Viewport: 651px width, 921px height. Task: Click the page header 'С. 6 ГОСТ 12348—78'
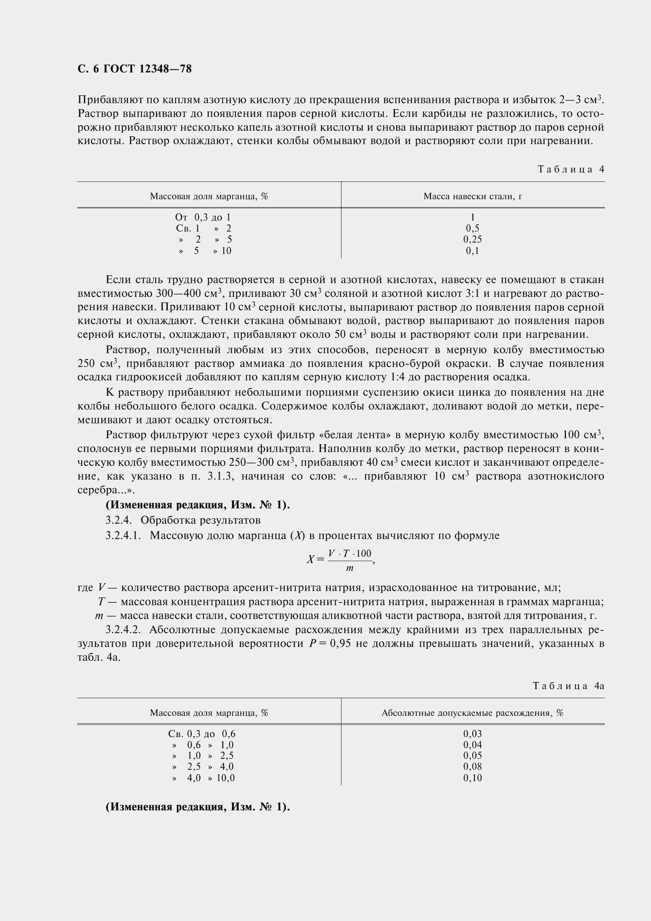click(134, 69)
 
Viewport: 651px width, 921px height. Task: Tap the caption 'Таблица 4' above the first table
click(570, 169)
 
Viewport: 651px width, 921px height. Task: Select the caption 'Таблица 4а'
click(568, 686)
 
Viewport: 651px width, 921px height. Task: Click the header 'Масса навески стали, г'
click(473, 196)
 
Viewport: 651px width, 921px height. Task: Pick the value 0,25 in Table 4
click(473, 239)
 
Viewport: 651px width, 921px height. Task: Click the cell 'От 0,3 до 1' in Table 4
click(203, 217)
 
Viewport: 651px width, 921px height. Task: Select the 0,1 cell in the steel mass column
click(473, 251)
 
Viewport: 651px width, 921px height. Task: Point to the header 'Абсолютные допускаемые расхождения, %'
click(473, 713)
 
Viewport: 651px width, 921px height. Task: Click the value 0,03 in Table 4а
click(473, 734)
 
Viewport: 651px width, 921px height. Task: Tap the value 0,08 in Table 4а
click(473, 767)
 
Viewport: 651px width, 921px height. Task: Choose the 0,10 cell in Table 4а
click(473, 778)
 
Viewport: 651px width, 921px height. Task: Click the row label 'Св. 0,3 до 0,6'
click(202, 734)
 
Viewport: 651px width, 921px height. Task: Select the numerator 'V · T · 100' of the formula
click(349, 554)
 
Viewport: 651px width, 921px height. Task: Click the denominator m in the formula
click(349, 568)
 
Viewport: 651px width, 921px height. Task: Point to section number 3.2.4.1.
click(123, 536)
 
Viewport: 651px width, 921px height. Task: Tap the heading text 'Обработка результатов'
click(200, 520)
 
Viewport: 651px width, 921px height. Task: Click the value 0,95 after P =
click(340, 643)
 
